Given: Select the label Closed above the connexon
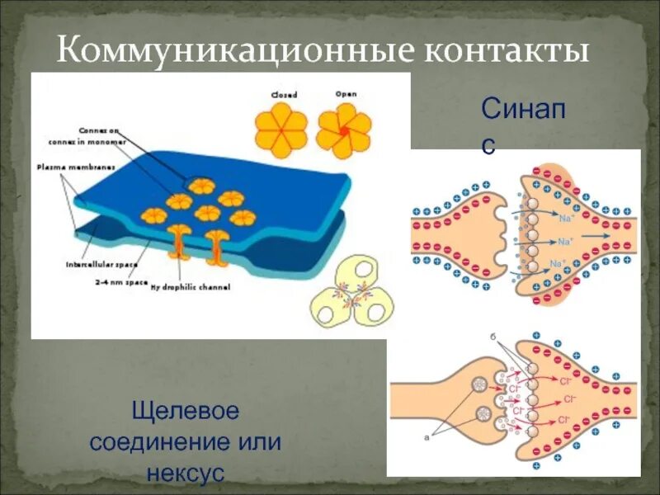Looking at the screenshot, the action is pyautogui.click(x=284, y=96).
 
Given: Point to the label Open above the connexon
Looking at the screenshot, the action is pyautogui.click(x=346, y=94).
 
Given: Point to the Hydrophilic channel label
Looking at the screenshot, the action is pyautogui.click(x=190, y=287).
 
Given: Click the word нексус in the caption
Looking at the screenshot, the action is pyautogui.click(x=186, y=473).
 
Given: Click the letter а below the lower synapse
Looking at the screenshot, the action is pyautogui.click(x=426, y=438).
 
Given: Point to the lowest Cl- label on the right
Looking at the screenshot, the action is pyautogui.click(x=563, y=420).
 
